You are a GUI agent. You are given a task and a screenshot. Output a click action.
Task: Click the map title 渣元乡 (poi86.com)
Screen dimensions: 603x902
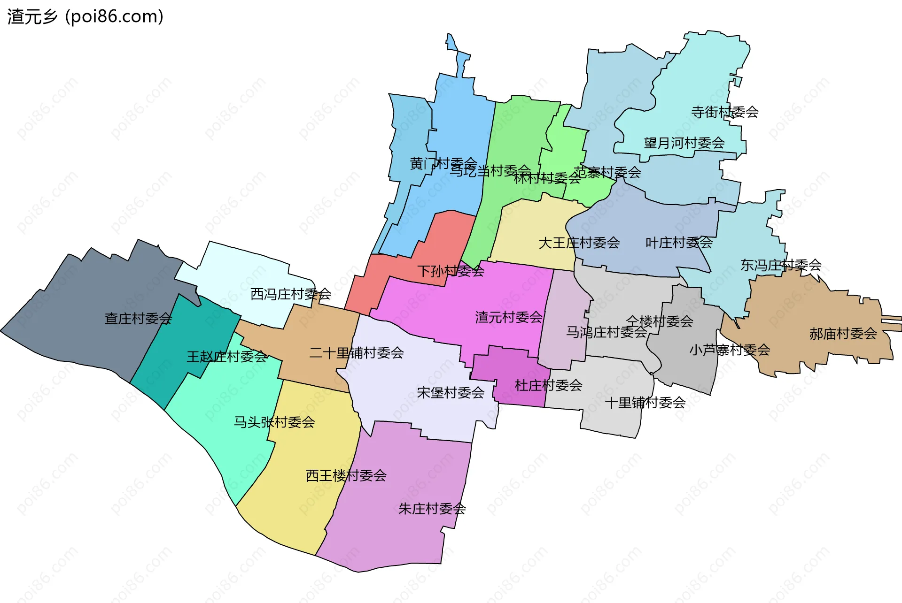pyautogui.click(x=86, y=17)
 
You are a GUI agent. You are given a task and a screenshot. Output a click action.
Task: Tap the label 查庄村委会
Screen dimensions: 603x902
pyautogui.click(x=138, y=319)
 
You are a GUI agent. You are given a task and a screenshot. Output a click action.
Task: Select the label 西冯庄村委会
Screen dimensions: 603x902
pyautogui.click(x=291, y=294)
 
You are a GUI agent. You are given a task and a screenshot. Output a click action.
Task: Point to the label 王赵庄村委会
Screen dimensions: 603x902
pyautogui.click(x=227, y=357)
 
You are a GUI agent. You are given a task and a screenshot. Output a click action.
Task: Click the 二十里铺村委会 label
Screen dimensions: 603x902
pyautogui.click(x=357, y=353)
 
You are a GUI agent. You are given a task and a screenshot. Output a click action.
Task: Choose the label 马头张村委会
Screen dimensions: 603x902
pyautogui.click(x=274, y=422)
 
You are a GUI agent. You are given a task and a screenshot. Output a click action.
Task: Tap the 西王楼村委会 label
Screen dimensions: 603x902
pyautogui.click(x=346, y=476)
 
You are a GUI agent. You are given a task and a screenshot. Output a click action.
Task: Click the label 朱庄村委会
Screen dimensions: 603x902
pyautogui.click(x=432, y=509)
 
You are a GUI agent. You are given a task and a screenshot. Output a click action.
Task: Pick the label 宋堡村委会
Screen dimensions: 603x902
pyautogui.click(x=451, y=393)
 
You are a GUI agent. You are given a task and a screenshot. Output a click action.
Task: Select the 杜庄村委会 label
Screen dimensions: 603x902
pyautogui.click(x=549, y=386)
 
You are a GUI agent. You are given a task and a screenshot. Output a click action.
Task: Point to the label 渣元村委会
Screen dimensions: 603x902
pyautogui.click(x=509, y=318)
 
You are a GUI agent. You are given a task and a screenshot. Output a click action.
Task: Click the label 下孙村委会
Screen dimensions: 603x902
pyautogui.click(x=451, y=271)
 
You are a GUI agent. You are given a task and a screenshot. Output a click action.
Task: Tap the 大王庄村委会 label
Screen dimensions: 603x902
pyautogui.click(x=579, y=243)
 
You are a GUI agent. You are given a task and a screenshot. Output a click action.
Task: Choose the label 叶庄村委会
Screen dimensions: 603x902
pyautogui.click(x=679, y=243)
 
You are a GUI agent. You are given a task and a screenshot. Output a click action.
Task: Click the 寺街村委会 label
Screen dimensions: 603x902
pyautogui.click(x=725, y=112)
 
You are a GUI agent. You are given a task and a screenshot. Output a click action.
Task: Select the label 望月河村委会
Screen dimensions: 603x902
pyautogui.click(x=684, y=143)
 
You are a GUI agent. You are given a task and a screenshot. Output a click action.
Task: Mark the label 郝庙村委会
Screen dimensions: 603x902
pyautogui.click(x=843, y=334)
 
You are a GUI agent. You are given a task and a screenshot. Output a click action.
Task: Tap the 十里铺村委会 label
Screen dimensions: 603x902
pyautogui.click(x=645, y=403)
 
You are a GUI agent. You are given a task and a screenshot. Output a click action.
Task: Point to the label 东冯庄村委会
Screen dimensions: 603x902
pyautogui.click(x=781, y=266)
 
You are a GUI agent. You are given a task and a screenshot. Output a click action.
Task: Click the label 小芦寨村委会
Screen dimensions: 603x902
pyautogui.click(x=730, y=350)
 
